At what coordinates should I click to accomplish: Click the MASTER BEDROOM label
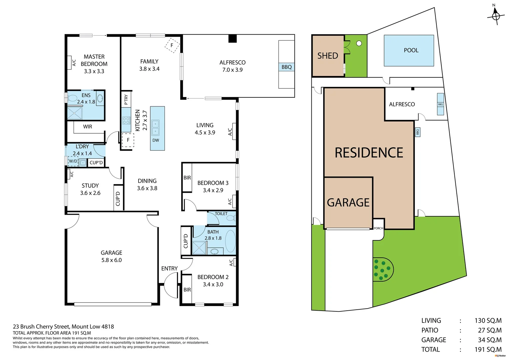(94, 60)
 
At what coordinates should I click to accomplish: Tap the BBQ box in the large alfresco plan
(286, 67)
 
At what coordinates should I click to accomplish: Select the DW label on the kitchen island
(156, 140)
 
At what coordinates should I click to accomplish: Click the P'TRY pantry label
(126, 100)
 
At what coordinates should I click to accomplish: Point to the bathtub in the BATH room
(230, 241)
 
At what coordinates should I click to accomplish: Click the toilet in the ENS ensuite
(73, 99)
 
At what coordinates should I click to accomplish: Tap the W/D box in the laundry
(73, 161)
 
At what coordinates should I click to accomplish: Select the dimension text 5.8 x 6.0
(111, 260)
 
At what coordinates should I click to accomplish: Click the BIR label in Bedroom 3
(187, 178)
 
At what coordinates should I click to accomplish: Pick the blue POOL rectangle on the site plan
(409, 51)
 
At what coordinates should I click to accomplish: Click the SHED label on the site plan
(327, 56)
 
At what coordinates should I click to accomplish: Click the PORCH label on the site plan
(378, 228)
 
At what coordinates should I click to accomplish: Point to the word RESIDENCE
(369, 153)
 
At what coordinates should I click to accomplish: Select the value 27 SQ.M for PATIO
(489, 330)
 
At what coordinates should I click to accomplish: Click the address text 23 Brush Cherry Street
(42, 327)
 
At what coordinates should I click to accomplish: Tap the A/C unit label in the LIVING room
(230, 132)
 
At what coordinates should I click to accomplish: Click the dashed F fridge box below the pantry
(128, 140)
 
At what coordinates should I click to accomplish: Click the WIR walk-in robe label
(88, 127)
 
